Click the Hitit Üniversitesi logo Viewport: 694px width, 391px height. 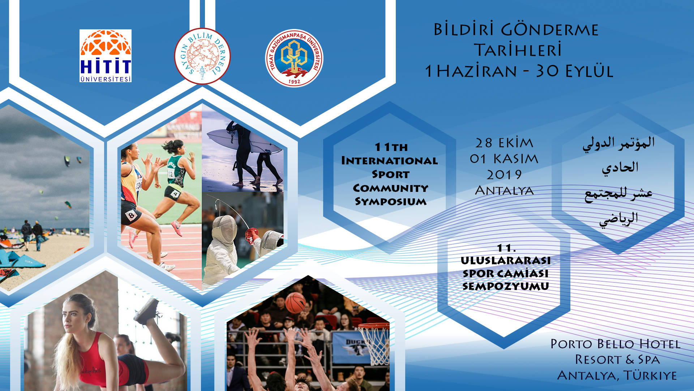pos(106,56)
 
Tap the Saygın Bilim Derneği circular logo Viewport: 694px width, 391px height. pos(202,56)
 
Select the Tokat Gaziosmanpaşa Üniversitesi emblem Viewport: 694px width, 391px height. pos(294,58)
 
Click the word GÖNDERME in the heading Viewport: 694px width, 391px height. pos(550,30)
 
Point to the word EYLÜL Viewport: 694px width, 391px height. pos(589,71)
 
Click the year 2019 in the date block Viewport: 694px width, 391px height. pos(504,175)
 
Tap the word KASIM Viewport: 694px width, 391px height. pos(516,159)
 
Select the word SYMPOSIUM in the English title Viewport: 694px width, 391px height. pos(390,201)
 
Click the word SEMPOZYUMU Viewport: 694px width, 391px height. pos(505,286)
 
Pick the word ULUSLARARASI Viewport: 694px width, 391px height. pos(505,260)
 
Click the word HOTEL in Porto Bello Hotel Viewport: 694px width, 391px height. pos(660,344)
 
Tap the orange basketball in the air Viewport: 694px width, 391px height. pos(295,303)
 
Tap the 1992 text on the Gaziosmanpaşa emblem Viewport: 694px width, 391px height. pos(294,82)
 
